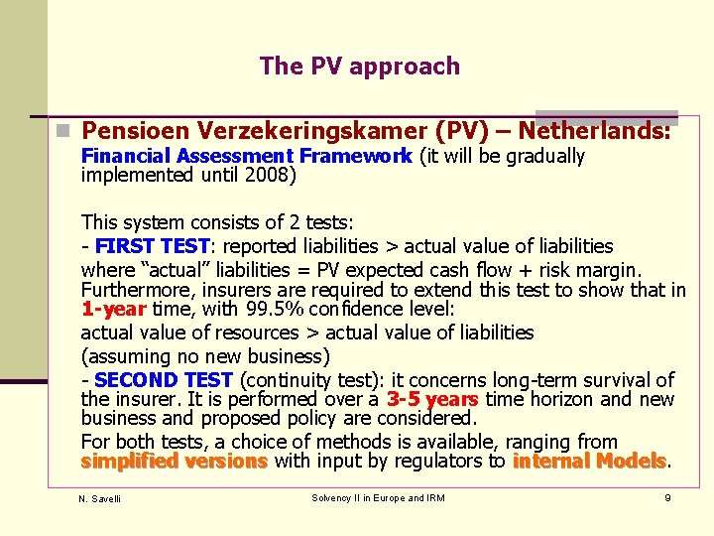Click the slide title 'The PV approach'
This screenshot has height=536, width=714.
(359, 67)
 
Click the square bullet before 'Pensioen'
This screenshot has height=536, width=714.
(62, 130)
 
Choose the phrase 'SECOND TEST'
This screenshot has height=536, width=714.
(164, 379)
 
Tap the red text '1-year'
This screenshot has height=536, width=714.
(113, 309)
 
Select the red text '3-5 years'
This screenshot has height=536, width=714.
(432, 399)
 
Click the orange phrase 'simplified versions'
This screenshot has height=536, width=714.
(174, 462)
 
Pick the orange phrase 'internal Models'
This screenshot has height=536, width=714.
(589, 462)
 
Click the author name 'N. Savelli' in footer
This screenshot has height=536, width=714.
(100, 498)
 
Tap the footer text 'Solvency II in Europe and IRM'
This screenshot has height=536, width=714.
(378, 497)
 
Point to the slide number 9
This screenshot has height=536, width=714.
(667, 497)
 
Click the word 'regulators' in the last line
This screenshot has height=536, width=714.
(460, 462)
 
